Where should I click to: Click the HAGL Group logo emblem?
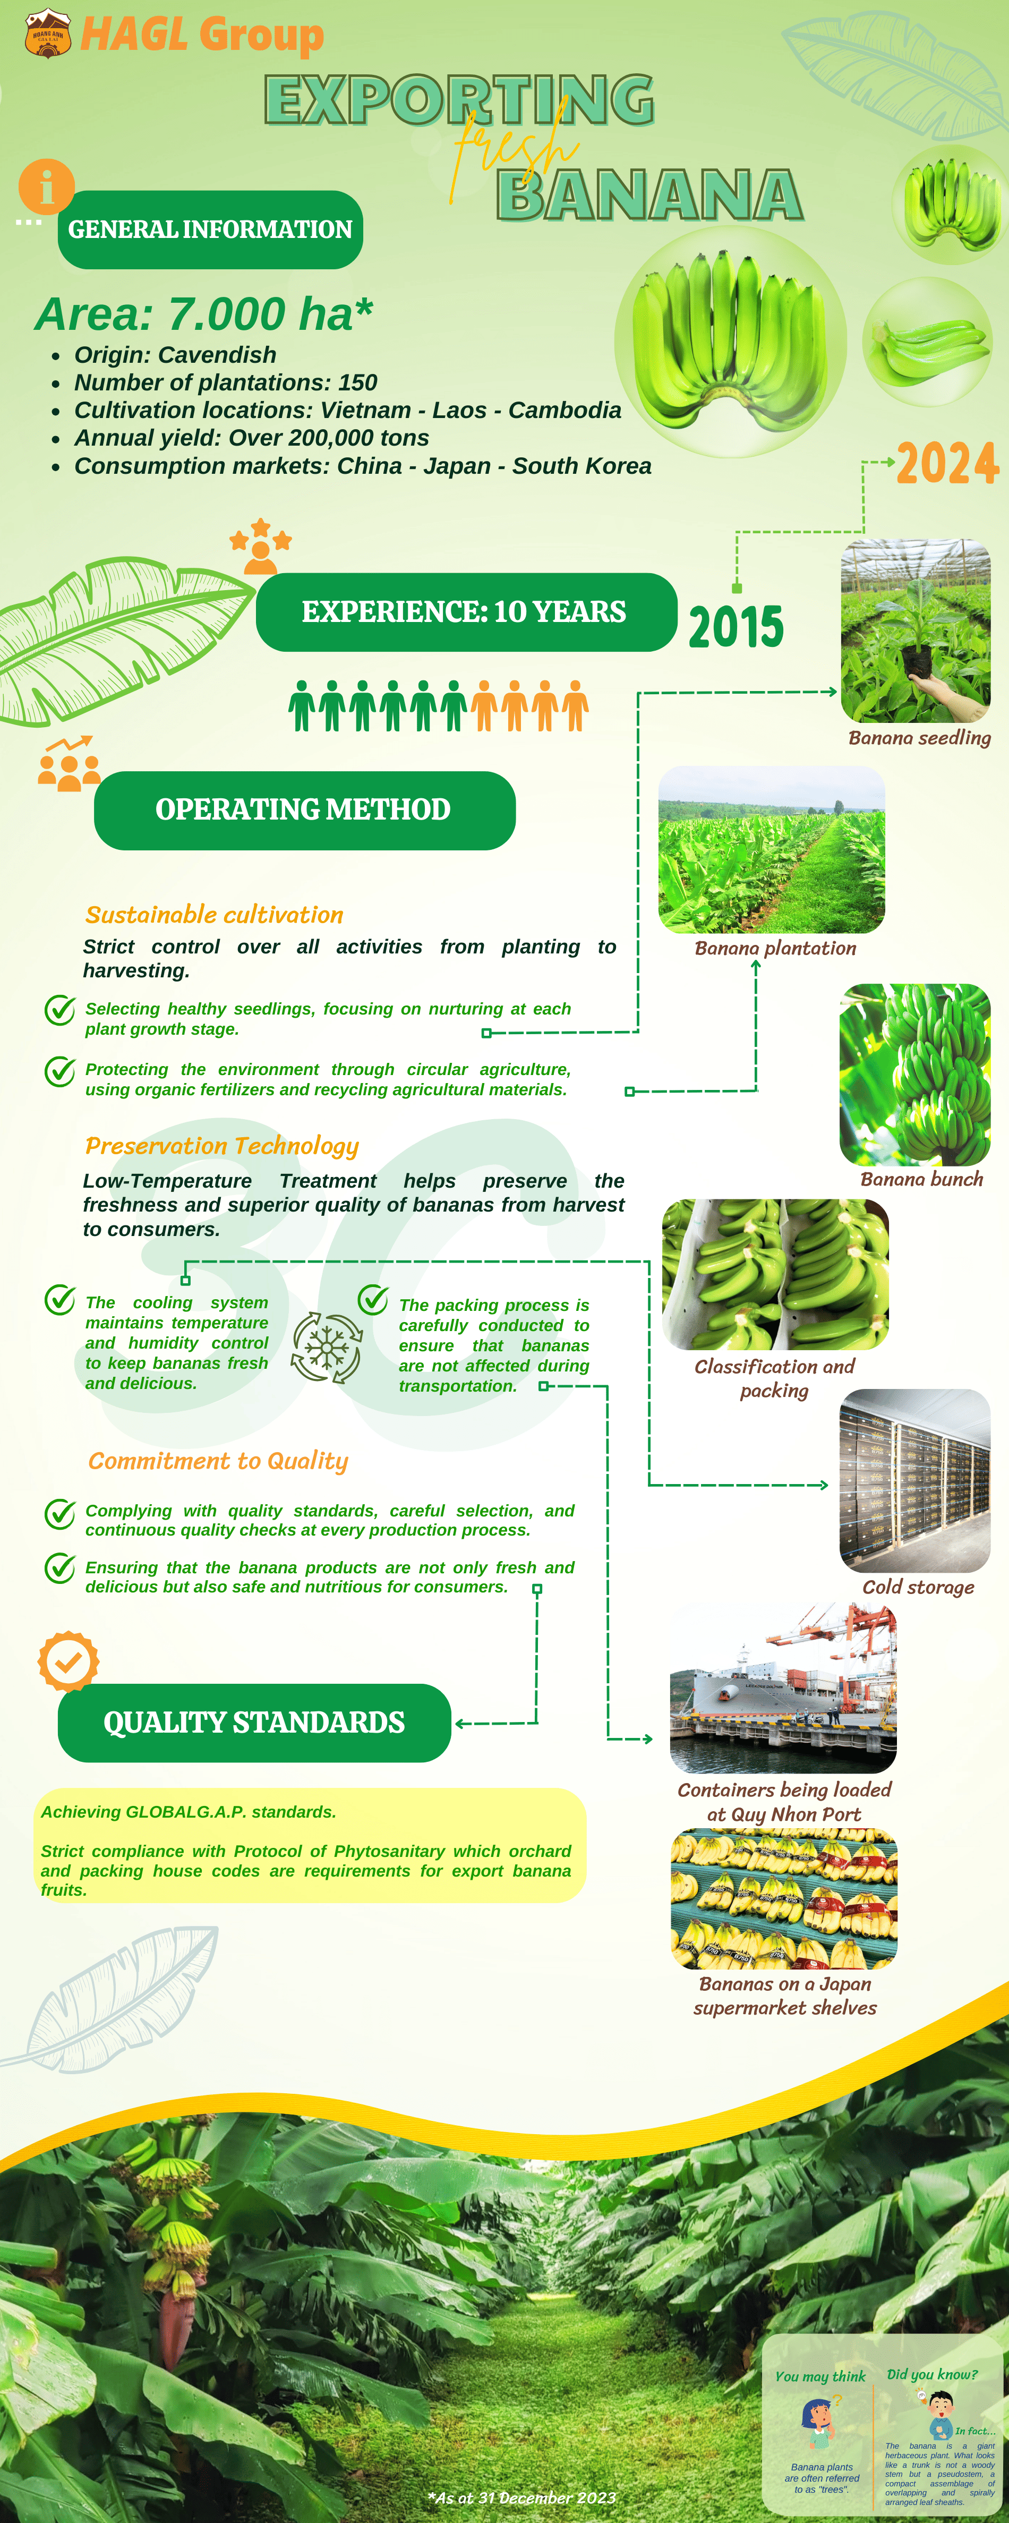click(47, 33)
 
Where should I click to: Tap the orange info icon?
click(46, 186)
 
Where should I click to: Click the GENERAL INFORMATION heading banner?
click(210, 229)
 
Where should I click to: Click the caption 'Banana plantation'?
click(775, 948)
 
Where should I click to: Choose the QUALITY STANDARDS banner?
click(254, 1723)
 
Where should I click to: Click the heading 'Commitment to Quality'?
click(218, 1461)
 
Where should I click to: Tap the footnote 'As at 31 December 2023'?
click(522, 2498)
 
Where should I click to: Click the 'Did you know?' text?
click(931, 2374)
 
